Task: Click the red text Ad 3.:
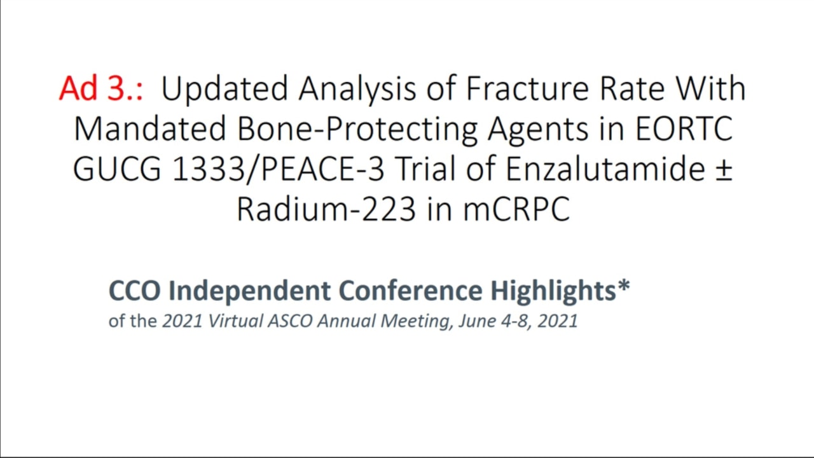point(101,88)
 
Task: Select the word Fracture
point(527,88)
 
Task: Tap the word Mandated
point(149,128)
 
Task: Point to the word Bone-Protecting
point(357,131)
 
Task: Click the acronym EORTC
point(684,128)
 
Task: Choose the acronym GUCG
point(117,169)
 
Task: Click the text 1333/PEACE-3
point(278,170)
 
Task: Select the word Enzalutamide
point(605,169)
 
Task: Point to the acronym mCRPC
point(516,209)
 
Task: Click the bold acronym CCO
point(134,291)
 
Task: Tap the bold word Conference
point(411,291)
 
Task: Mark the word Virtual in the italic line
point(235,321)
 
